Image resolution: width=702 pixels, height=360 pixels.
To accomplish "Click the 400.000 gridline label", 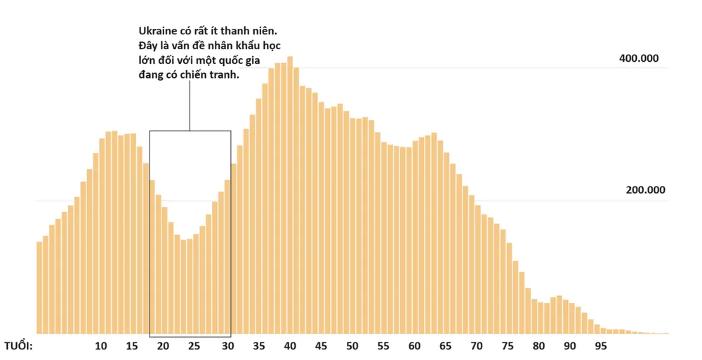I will tap(638, 58).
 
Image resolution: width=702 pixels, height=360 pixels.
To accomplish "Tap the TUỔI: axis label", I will tap(18, 346).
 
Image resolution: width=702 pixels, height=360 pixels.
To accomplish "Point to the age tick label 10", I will tap(101, 346).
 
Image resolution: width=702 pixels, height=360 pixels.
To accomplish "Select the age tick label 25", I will tap(194, 346).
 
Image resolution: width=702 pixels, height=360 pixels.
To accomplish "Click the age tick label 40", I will tap(289, 346).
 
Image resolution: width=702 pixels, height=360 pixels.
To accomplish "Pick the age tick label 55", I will tap(383, 346).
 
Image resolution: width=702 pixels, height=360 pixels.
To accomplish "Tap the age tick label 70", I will tap(477, 346).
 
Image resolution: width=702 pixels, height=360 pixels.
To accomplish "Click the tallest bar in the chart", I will tap(290, 196).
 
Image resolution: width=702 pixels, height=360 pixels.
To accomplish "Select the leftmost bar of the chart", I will tap(39, 288).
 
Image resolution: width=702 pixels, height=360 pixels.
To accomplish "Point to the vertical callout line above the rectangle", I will tap(190, 105).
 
